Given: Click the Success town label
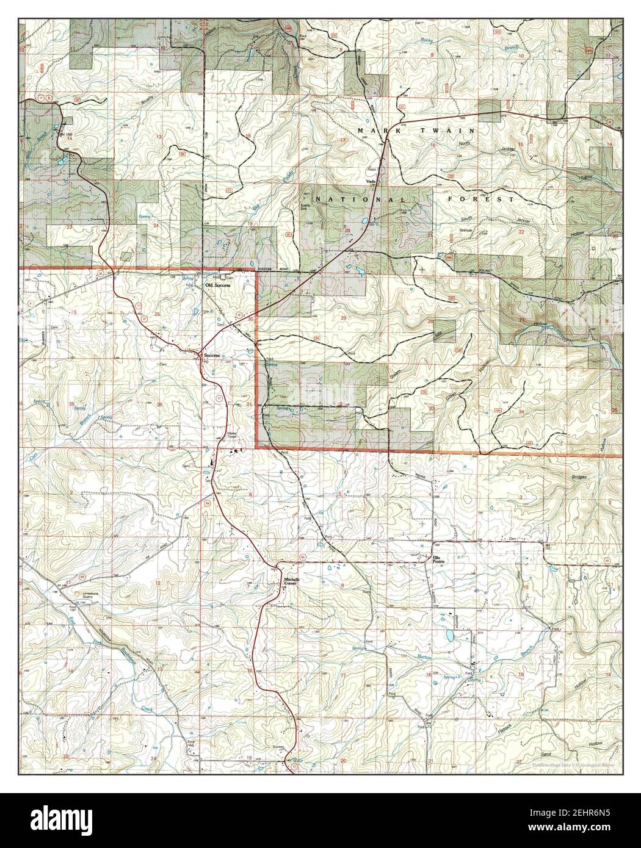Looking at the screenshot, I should click(x=211, y=354).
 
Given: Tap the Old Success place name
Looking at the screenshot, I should click(x=219, y=285).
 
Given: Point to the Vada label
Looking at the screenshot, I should click(x=369, y=182).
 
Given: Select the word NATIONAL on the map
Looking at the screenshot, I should click(x=360, y=199).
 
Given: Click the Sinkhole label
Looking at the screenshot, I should click(x=469, y=231).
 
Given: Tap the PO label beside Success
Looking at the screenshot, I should click(x=205, y=362).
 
